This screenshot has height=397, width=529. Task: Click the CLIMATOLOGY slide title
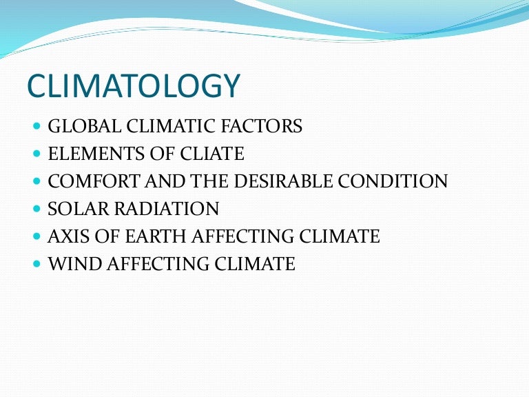(134, 86)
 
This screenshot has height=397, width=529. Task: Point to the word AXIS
(66, 236)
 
